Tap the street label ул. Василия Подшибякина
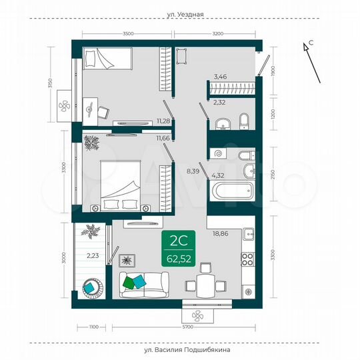[180, 349]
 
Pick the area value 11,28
[162, 121]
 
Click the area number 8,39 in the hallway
[193, 171]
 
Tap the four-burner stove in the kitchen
[249, 259]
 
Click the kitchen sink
[249, 234]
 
